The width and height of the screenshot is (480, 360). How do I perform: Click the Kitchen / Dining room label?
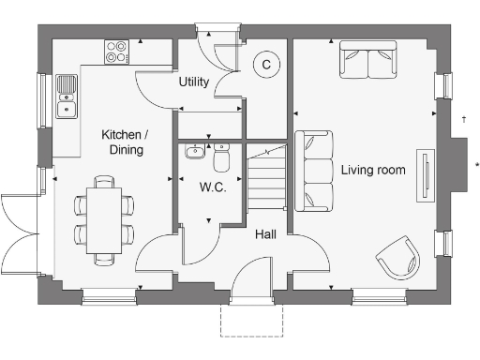[x=122, y=142]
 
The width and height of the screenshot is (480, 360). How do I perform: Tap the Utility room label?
[x=193, y=82]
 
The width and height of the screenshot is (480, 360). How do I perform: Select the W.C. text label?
[x=212, y=187]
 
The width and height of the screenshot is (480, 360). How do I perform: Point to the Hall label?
[x=265, y=235]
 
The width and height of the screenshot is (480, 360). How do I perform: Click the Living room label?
[x=372, y=170]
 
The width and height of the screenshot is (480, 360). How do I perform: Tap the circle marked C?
[x=266, y=65]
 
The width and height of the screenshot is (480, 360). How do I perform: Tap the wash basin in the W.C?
[x=194, y=153]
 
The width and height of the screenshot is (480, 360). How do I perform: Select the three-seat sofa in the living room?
[x=314, y=172]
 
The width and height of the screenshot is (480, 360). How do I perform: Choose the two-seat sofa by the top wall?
[x=367, y=61]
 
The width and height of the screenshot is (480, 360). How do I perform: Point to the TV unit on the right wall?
[x=427, y=176]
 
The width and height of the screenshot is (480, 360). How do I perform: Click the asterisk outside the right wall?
[x=476, y=166]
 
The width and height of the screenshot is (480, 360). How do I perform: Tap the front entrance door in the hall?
[x=251, y=281]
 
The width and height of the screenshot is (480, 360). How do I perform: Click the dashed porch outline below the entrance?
[x=250, y=320]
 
